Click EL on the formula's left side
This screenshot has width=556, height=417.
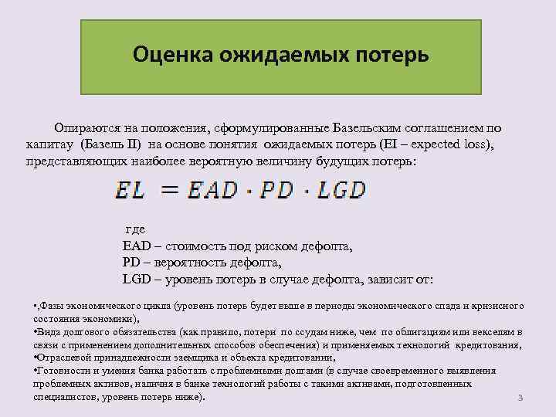point(130,190)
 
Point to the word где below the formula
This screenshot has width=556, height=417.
point(135,231)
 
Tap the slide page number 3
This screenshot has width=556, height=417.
point(520,398)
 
